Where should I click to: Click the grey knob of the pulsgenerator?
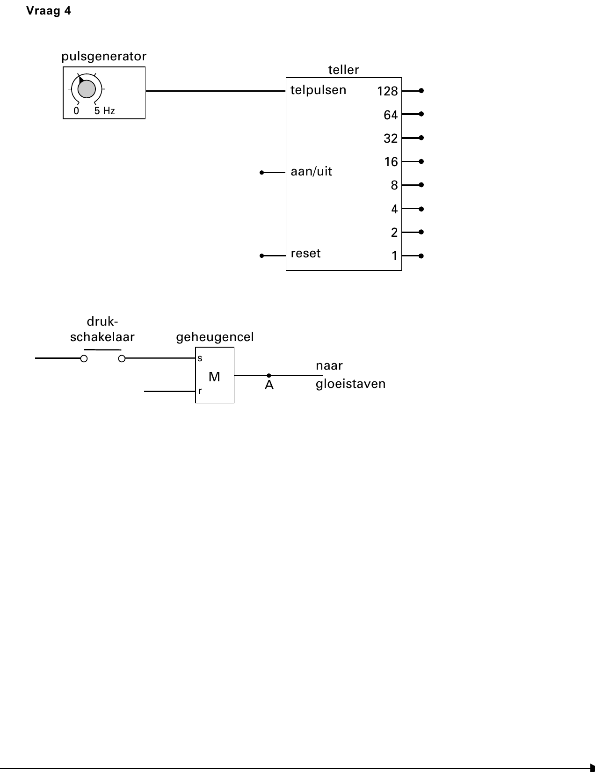(x=87, y=88)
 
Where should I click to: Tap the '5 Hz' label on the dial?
(x=104, y=111)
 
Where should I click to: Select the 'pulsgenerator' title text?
(x=104, y=57)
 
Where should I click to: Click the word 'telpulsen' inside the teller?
(x=318, y=90)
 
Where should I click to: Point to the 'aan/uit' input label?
(x=312, y=172)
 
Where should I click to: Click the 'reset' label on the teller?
(x=305, y=253)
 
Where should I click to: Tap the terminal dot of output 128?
(x=421, y=91)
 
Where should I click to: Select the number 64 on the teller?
(x=391, y=115)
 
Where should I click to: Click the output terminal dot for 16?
(x=421, y=161)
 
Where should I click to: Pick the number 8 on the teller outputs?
(x=394, y=185)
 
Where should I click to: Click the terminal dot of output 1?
(x=421, y=256)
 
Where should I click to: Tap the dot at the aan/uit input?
(x=261, y=173)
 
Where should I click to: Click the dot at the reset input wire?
(x=261, y=256)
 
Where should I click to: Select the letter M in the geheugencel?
(x=214, y=377)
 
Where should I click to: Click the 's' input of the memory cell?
(x=200, y=358)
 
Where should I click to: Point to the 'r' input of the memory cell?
(x=200, y=391)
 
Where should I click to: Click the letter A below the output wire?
(x=269, y=385)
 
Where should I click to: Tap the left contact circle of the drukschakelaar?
(x=84, y=358)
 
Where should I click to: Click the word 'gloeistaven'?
(x=350, y=384)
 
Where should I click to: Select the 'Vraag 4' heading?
(x=48, y=11)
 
